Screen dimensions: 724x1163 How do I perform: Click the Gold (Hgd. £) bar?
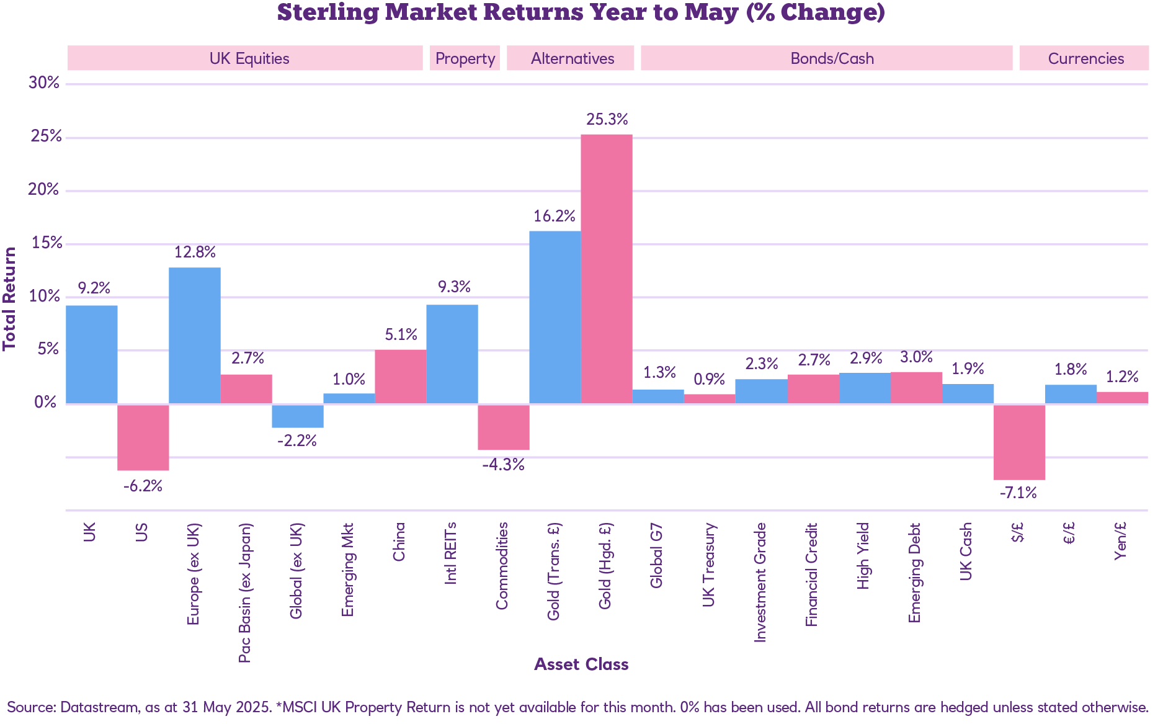pyautogui.click(x=607, y=269)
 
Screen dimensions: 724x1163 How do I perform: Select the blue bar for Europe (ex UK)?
pyautogui.click(x=195, y=336)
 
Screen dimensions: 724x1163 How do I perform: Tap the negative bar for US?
pyautogui.click(x=143, y=437)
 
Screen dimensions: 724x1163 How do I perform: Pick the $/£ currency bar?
pyautogui.click(x=1019, y=442)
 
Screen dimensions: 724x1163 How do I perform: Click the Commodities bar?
pyautogui.click(x=503, y=427)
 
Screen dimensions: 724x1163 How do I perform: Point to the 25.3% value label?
pyautogui.click(x=607, y=119)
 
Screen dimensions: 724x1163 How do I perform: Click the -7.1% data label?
pyautogui.click(x=1018, y=493)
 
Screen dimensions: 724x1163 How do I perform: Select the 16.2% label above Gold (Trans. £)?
pyautogui.click(x=554, y=216)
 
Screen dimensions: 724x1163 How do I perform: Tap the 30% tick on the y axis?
pyautogui.click(x=43, y=83)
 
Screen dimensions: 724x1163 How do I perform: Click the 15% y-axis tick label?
pyautogui.click(x=47, y=243)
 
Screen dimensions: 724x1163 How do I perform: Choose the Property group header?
pyautogui.click(x=465, y=58)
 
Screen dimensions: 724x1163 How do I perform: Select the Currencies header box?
pyautogui.click(x=1085, y=58)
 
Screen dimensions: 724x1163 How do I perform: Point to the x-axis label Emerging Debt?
pyautogui.click(x=915, y=572)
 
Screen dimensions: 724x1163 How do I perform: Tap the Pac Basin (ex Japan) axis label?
pyautogui.click(x=246, y=592)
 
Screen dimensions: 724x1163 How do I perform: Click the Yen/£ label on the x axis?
pyautogui.click(x=1120, y=541)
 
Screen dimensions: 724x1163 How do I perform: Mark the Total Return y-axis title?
pyautogui.click(x=9, y=299)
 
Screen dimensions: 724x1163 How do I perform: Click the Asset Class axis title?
pyautogui.click(x=581, y=664)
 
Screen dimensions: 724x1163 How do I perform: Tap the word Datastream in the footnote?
pyautogui.click(x=99, y=707)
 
